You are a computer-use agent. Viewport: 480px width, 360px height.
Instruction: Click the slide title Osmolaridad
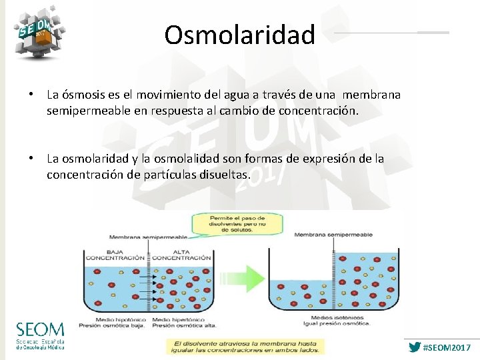240,35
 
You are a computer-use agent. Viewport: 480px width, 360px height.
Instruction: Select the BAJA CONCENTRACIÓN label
114,255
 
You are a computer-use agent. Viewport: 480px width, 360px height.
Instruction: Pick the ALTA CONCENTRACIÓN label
182,255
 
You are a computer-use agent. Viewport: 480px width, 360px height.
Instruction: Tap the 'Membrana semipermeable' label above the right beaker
333,235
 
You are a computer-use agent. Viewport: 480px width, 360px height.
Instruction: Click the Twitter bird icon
415,347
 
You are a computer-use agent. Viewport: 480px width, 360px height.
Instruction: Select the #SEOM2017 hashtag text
447,348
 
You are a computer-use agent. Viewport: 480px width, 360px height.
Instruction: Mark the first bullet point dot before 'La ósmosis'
31,95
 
